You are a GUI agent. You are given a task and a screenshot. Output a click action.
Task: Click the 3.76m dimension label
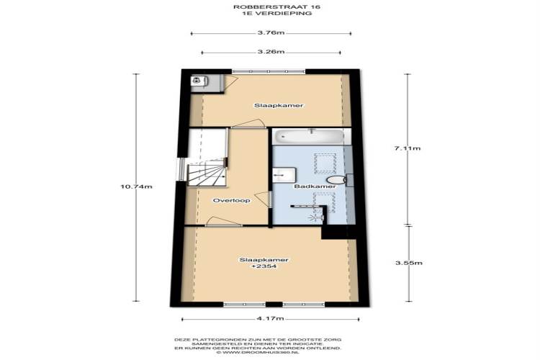point(271,32)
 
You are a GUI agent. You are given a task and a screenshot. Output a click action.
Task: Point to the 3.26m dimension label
point(271,52)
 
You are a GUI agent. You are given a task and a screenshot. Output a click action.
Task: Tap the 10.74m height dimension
point(136,186)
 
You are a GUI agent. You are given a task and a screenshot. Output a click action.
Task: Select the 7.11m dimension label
point(408,148)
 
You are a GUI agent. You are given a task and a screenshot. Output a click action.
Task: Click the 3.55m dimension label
point(409,263)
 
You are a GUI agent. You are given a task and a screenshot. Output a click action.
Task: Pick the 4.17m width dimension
point(270,319)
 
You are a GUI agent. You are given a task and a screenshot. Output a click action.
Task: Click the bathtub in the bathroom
point(308,137)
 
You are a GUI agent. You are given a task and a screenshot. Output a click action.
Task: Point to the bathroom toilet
point(337,179)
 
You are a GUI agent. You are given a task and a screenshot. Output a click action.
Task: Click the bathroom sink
point(284,175)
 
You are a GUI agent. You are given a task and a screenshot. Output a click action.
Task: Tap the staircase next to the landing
point(207,172)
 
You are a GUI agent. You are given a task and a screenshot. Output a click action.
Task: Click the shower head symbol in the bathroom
point(314,217)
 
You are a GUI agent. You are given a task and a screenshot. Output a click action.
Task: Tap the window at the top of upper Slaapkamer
point(269,72)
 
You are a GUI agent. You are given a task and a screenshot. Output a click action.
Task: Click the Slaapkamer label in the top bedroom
point(279,105)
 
